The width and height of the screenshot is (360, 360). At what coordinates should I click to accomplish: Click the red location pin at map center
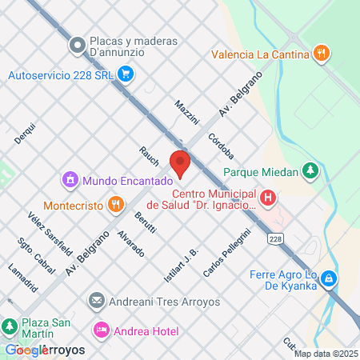180,162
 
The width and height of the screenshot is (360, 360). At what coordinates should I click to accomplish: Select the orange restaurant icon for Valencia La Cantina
321,54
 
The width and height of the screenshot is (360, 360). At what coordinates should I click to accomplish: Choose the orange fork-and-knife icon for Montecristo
116,204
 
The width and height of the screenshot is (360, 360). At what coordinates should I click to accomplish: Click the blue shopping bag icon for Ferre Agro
328,278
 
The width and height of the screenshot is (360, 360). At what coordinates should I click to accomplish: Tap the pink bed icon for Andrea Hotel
101,329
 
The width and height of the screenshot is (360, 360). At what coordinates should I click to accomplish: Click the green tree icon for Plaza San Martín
10,326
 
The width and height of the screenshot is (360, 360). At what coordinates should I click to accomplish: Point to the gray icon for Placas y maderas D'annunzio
77,46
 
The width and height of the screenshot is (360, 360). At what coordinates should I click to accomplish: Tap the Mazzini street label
186,113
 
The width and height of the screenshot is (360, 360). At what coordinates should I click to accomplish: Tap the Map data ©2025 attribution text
326,354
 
